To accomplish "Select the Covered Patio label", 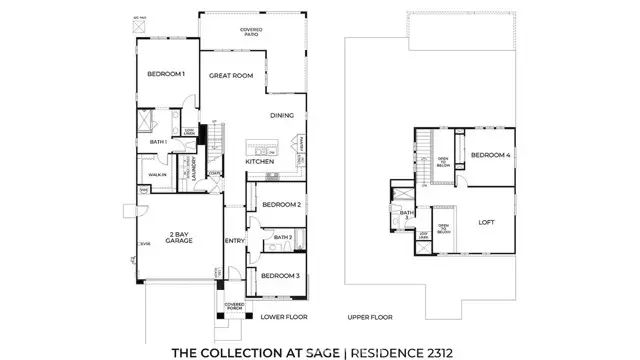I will click(x=251, y=31).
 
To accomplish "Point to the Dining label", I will click(x=281, y=115).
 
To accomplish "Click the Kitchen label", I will click(x=260, y=161).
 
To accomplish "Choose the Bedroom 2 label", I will click(x=281, y=204).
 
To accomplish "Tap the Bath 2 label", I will click(x=282, y=238).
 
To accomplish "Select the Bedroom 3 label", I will click(x=281, y=275).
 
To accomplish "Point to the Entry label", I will click(x=235, y=240).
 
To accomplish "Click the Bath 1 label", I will click(x=157, y=142).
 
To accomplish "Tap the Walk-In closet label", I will click(x=157, y=174).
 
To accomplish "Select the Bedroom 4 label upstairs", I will click(x=490, y=155).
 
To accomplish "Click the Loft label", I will click(x=487, y=223).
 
